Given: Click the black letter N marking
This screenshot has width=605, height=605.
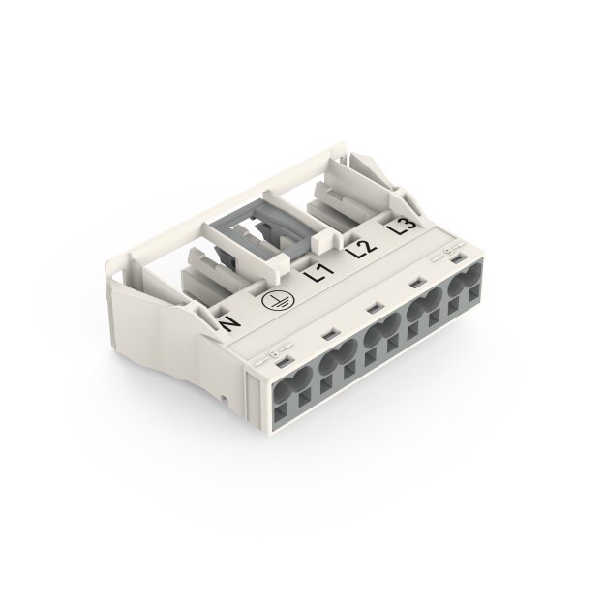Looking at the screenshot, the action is tap(229, 322).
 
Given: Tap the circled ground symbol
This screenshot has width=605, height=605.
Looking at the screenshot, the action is tap(276, 299).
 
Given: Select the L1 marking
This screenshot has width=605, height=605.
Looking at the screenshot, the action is tap(319, 273).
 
